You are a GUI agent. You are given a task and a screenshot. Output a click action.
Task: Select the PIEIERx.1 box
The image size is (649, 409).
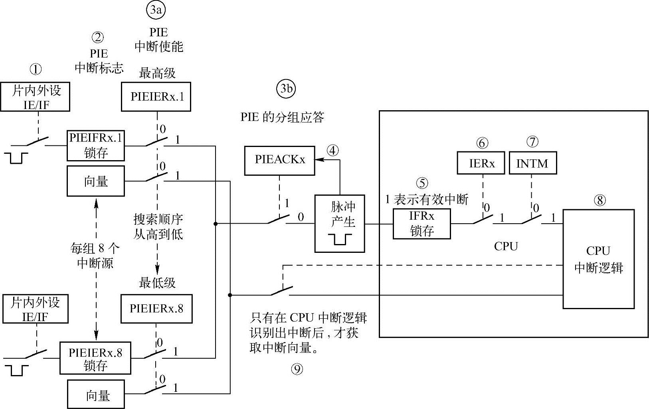click(156, 97)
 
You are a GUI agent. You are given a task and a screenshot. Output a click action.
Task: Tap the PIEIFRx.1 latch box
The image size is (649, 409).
click(96, 145)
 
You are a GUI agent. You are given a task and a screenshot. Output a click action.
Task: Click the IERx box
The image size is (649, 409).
click(481, 163)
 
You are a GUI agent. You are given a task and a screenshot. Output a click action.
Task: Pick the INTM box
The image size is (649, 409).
click(532, 163)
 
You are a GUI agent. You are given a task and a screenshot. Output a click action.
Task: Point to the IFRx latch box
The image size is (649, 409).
click(421, 224)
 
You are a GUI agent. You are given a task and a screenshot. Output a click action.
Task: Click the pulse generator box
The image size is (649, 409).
click(339, 224)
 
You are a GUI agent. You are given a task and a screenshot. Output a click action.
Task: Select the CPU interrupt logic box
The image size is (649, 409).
click(598, 259)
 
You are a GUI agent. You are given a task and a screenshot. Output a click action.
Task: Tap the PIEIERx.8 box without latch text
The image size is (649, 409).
click(156, 308)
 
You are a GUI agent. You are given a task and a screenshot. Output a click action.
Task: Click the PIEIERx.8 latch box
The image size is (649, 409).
click(95, 358)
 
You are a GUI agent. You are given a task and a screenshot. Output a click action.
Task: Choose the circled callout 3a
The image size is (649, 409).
click(156, 11)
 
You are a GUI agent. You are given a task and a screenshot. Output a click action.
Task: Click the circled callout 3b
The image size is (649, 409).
click(286, 89)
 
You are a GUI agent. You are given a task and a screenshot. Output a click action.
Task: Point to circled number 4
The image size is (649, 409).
click(332, 151)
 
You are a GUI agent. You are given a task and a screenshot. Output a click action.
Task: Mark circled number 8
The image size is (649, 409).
click(600, 200)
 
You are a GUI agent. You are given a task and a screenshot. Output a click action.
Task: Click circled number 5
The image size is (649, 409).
click(421, 183)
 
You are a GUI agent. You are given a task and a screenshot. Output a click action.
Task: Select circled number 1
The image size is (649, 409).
click(36, 69)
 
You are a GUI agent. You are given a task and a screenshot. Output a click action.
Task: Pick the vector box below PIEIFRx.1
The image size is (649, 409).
click(96, 181)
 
